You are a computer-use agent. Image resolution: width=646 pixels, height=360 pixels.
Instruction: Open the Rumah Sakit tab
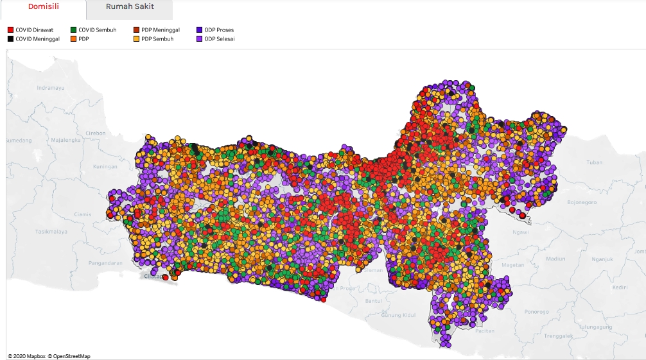click(x=130, y=6)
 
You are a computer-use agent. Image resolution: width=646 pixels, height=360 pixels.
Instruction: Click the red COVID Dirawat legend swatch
click(x=11, y=30)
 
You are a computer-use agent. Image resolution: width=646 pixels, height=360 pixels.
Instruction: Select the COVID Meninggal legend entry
click(x=37, y=39)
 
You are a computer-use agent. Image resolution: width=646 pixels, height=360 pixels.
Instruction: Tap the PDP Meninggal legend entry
click(x=160, y=30)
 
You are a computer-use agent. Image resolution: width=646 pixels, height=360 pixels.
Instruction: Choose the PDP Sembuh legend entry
click(x=157, y=39)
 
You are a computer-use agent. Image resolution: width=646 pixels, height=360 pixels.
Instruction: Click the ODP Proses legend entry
click(x=219, y=30)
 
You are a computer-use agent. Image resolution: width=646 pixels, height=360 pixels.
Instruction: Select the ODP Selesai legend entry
click(x=219, y=39)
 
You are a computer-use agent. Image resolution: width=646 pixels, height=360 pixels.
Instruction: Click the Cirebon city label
click(x=95, y=133)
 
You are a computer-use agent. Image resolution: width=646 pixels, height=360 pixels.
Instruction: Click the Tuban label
click(x=594, y=162)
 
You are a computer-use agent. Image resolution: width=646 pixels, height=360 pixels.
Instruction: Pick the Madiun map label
click(x=555, y=259)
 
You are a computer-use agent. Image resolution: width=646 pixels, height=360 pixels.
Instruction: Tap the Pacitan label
click(x=485, y=330)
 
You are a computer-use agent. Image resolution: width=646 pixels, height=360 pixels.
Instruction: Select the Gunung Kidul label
click(x=398, y=315)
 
